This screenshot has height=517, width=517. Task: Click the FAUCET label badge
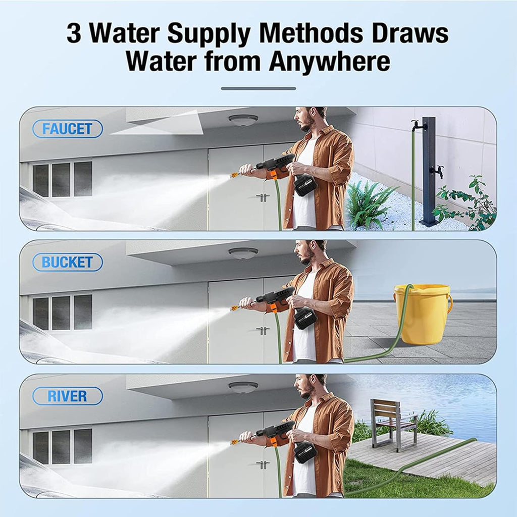pos(68,129)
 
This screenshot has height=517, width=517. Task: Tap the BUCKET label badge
pos(68,262)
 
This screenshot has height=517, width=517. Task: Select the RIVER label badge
pos(68,396)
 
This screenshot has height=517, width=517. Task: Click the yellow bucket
pos(423,315)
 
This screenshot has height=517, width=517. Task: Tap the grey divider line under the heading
pos(258,88)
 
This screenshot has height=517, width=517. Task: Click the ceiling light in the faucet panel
pos(243,120)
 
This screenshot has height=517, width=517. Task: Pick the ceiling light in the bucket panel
pos(243,253)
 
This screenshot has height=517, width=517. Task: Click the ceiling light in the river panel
pos(243,387)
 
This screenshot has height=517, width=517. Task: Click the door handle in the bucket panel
pos(263,331)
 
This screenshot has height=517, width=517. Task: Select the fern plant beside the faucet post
pos(368,204)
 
